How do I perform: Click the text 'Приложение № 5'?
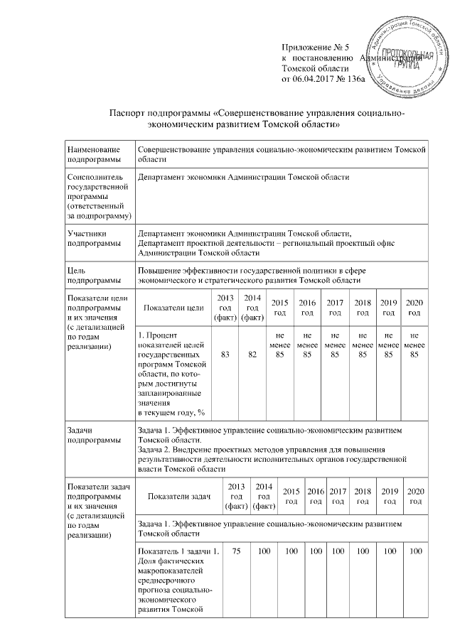(x=312, y=47)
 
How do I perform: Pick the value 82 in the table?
(x=252, y=355)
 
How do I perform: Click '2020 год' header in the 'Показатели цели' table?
(x=414, y=308)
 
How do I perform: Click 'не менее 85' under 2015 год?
(x=280, y=344)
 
